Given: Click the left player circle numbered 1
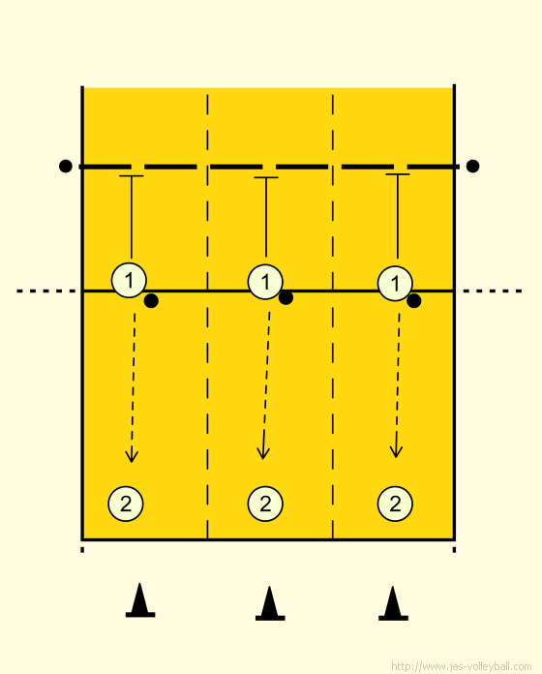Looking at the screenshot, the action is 129,280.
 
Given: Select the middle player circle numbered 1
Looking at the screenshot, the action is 265,282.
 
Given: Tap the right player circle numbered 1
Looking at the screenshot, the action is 395,284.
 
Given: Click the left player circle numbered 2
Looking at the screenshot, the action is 126,504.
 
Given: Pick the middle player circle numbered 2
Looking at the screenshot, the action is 265,504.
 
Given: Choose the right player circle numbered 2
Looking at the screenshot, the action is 395,504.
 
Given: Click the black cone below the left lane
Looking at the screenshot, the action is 140,600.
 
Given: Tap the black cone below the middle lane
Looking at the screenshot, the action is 270,603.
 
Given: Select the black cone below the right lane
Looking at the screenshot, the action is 393,603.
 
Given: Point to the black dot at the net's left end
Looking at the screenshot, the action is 65,166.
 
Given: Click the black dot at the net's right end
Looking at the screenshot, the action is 472,166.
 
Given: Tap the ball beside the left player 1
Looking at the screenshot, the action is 151,301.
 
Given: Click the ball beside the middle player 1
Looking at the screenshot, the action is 286,297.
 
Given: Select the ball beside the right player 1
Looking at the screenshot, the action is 413,301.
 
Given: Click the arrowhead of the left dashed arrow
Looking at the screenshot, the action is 132,456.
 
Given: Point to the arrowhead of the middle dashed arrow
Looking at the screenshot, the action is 263,453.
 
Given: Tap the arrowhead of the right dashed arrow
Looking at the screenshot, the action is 396,452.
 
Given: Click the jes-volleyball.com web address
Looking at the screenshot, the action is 462,666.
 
